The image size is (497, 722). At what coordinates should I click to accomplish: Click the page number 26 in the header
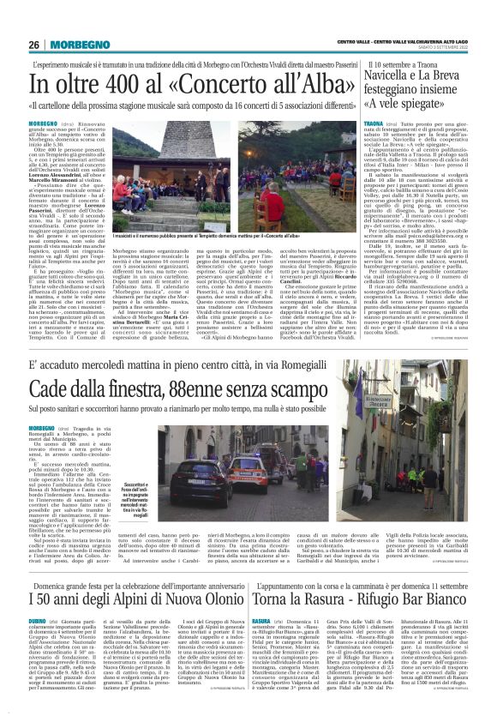(x=33, y=45)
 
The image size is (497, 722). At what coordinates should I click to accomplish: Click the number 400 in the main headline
(x=116, y=86)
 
